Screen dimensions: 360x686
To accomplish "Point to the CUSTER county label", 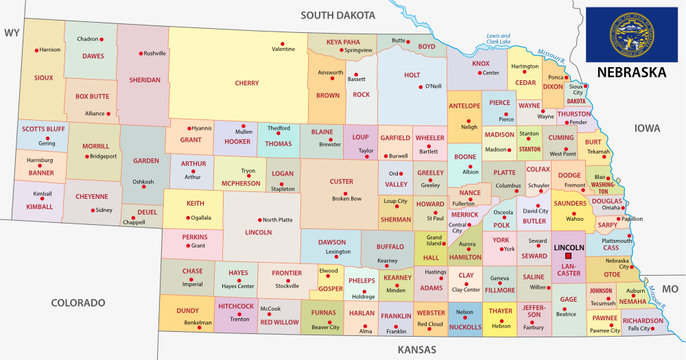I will tap(340, 181).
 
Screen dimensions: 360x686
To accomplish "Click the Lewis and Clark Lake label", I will tap(498, 40).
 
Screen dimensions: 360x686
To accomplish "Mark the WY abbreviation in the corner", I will tap(12, 32).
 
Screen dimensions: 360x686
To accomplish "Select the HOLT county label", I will tap(412, 74).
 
